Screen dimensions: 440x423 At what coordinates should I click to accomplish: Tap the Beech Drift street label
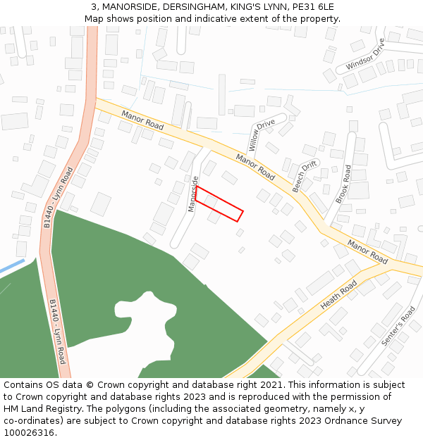coord(305,177)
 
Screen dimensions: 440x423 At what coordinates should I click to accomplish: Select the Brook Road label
coord(343,184)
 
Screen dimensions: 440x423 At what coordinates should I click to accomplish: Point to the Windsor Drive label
coord(365,56)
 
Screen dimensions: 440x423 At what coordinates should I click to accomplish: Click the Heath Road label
coord(340,296)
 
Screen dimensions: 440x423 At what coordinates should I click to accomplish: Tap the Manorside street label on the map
coord(192,194)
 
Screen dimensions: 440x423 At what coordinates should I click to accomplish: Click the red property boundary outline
coord(219,204)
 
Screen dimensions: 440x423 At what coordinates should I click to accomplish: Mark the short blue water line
coord(12,268)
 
